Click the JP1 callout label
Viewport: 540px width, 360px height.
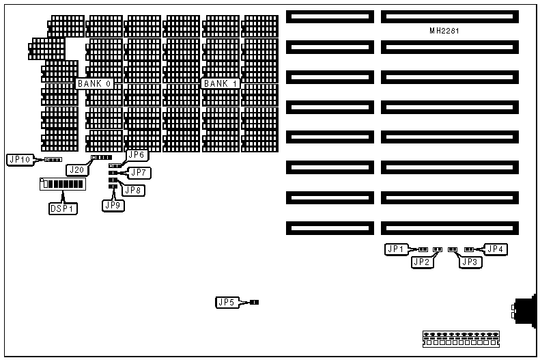coord(397,249)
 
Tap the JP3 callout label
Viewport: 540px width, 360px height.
coord(470,261)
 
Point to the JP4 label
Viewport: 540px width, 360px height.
coord(496,249)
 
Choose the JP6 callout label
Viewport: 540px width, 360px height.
coord(137,155)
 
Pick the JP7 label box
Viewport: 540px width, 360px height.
coord(139,173)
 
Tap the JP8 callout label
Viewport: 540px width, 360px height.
coord(134,191)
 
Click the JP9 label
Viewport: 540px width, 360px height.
coord(112,204)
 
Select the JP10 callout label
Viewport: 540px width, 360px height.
coord(18,160)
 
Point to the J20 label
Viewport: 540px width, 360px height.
coord(76,168)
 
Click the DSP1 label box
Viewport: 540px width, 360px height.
coord(62,208)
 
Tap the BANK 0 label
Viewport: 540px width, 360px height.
coord(95,83)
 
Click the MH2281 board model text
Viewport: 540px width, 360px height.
coord(443,31)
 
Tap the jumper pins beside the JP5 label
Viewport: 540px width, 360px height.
coord(255,302)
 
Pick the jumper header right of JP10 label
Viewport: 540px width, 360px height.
coord(53,160)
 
